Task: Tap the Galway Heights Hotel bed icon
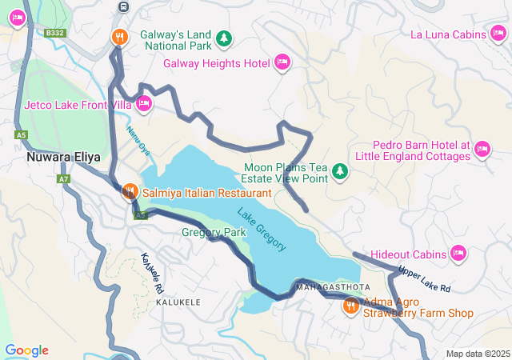tap(282, 62)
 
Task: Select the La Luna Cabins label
tap(448, 34)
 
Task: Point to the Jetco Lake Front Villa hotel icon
tap(144, 103)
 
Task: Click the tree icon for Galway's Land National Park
tap(226, 38)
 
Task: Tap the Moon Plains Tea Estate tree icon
tap(341, 170)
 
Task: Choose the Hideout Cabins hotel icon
tap(458, 253)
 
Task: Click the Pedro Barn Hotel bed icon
tap(482, 149)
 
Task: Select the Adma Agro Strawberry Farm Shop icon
tap(350, 306)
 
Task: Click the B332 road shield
tap(54, 33)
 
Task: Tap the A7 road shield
tap(64, 179)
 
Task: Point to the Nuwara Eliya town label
tap(63, 157)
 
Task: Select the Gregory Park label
tap(214, 233)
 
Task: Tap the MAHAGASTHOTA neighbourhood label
tap(333, 286)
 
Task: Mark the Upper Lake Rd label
tap(424, 278)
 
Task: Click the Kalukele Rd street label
tap(152, 272)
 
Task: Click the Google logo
tap(26, 350)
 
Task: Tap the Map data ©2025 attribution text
tap(477, 354)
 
